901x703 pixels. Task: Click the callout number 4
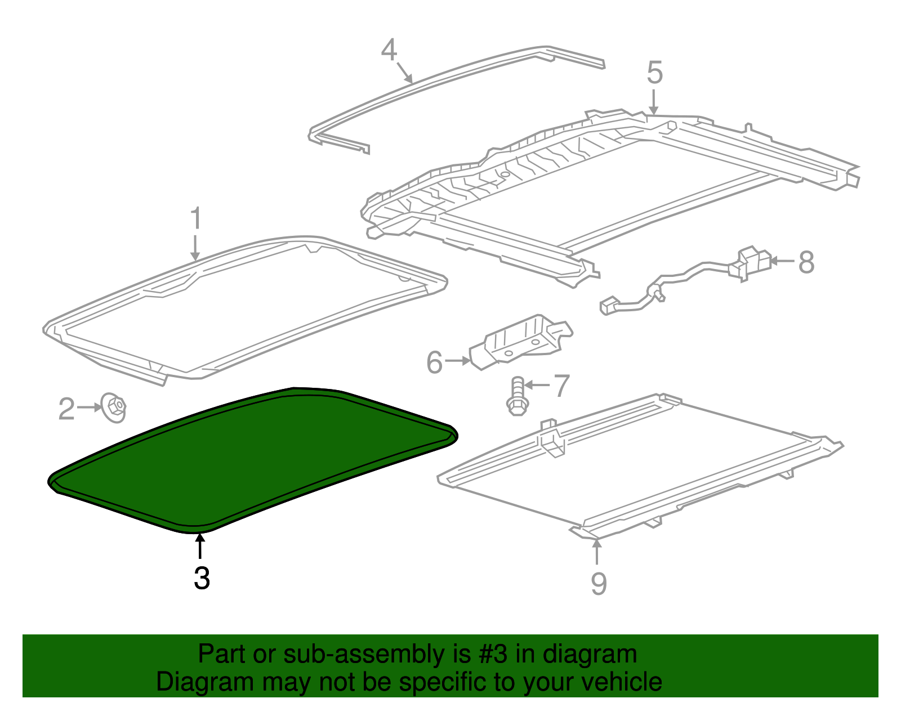(x=389, y=51)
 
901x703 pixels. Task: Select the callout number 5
(x=654, y=73)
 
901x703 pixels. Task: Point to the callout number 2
(x=66, y=409)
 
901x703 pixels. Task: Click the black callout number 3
(x=202, y=578)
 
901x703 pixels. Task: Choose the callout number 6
(x=434, y=362)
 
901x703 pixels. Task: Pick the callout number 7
(x=561, y=386)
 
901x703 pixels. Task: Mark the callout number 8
(x=806, y=262)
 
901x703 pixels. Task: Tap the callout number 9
(x=599, y=583)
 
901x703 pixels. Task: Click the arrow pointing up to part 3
(x=199, y=546)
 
